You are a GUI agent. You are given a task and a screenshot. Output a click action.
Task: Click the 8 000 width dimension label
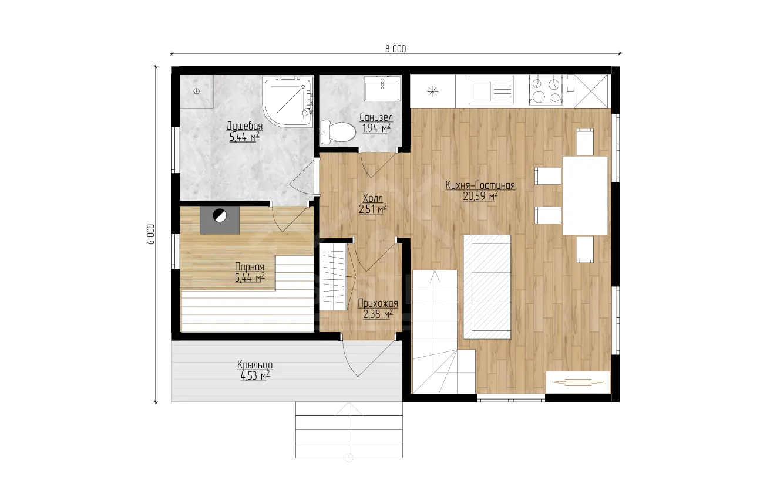click(x=395, y=49)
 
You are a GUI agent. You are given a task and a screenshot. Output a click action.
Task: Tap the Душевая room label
click(x=244, y=126)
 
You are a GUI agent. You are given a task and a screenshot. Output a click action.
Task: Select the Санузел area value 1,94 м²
click(x=376, y=128)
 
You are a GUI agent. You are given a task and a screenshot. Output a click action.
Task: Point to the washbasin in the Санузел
click(x=382, y=88)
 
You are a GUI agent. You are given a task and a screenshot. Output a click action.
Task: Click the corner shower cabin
click(x=288, y=102)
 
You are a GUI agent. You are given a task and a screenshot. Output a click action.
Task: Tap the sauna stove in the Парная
click(x=220, y=221)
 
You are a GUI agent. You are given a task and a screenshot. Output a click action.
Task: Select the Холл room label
click(x=372, y=198)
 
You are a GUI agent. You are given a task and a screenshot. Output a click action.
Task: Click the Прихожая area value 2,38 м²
click(x=378, y=314)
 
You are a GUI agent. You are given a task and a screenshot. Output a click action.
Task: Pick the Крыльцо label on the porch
click(x=255, y=365)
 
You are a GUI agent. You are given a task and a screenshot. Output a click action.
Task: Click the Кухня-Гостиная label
click(x=480, y=185)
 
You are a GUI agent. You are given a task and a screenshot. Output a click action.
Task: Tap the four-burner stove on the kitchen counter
click(x=546, y=90)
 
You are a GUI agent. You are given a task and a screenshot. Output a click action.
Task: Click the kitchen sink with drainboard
click(x=491, y=90)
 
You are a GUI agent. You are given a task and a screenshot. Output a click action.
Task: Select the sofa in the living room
click(x=487, y=287)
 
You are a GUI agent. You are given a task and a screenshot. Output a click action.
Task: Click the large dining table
click(x=585, y=195)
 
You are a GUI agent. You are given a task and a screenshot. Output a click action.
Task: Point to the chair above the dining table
click(x=585, y=142)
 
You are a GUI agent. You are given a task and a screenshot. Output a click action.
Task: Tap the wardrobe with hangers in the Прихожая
click(x=333, y=276)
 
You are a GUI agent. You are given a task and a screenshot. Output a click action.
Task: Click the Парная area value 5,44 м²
click(x=250, y=278)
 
